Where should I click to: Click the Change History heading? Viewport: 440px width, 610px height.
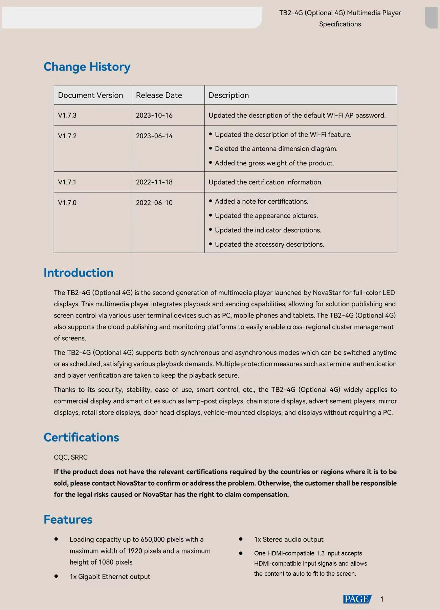[x=87, y=67]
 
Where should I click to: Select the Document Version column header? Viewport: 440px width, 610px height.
[x=90, y=95]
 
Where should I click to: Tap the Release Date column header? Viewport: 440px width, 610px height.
[x=159, y=95]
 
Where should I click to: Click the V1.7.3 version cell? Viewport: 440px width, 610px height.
[x=67, y=115]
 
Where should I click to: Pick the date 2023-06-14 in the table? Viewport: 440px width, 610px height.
[x=154, y=136]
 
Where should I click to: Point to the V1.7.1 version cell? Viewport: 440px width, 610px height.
[x=67, y=182]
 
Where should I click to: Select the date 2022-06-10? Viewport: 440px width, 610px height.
[x=154, y=203]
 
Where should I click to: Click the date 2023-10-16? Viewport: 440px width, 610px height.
[x=154, y=115]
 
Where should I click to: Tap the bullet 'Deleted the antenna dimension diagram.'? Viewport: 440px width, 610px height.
[x=276, y=149]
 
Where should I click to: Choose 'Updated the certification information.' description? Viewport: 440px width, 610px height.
[x=265, y=182]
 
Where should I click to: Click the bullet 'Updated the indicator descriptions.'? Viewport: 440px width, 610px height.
[x=268, y=230]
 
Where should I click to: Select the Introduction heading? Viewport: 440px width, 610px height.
[x=79, y=273]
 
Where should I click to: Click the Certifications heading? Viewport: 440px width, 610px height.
[x=81, y=438]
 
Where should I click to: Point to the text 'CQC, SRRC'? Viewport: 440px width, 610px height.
[x=70, y=457]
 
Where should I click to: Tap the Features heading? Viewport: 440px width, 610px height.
[x=68, y=520]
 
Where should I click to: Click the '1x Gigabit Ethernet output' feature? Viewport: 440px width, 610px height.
[x=110, y=576]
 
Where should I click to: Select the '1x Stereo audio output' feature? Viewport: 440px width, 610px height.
[x=289, y=539]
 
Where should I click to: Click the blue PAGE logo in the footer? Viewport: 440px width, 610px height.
[x=357, y=599]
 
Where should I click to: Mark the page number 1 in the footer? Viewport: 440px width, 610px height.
[x=382, y=599]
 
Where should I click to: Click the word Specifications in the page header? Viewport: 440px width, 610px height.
[x=340, y=24]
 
